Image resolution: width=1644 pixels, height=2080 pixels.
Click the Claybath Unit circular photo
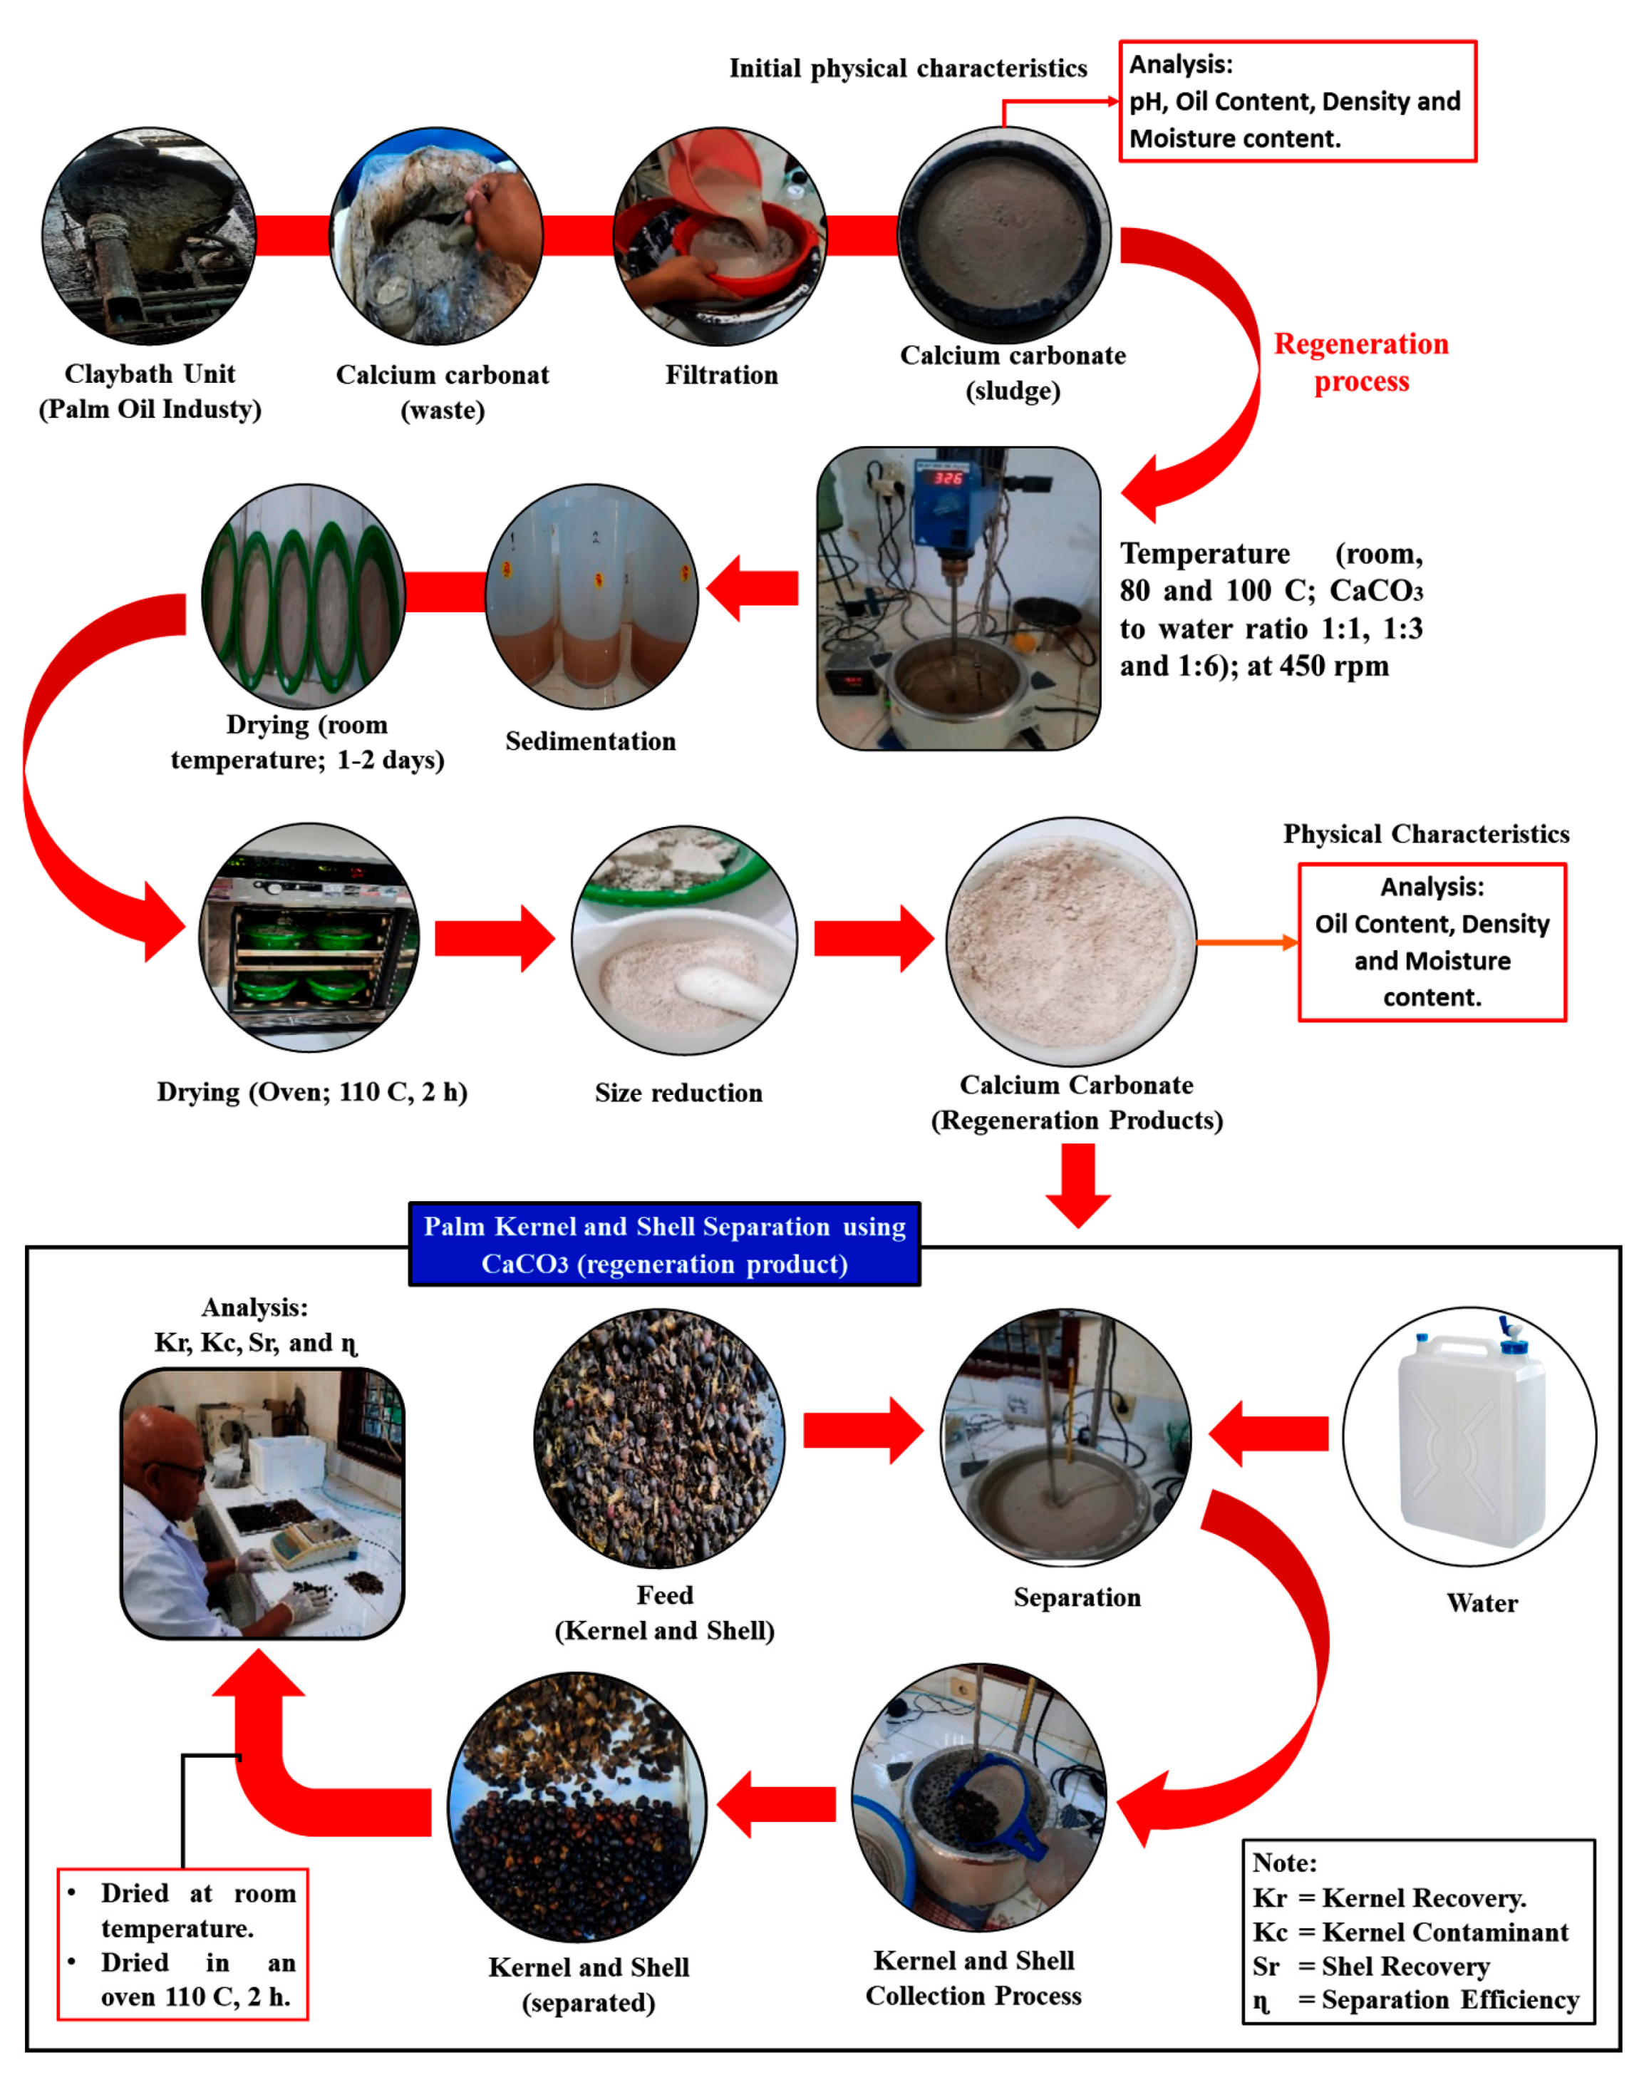pyautogui.click(x=149, y=236)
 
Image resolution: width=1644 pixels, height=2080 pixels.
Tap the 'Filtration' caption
pyautogui.click(x=721, y=375)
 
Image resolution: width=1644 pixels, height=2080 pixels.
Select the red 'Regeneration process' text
pyautogui.click(x=1360, y=362)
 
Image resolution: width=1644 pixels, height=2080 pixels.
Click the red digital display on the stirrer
pyautogui.click(x=948, y=478)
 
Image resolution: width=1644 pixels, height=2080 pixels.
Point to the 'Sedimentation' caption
pyautogui.click(x=590, y=741)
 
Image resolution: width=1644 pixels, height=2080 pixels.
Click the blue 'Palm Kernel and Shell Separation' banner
pyautogui.click(x=664, y=1244)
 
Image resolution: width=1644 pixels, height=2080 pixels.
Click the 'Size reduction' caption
pyautogui.click(x=678, y=1092)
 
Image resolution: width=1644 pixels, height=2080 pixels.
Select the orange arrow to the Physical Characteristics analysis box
pyautogui.click(x=1246, y=943)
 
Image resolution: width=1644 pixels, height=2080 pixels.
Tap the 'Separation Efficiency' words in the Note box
pyautogui.click(x=1449, y=1999)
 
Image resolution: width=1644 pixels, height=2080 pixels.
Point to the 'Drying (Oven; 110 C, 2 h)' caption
pyautogui.click(x=312, y=1091)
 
